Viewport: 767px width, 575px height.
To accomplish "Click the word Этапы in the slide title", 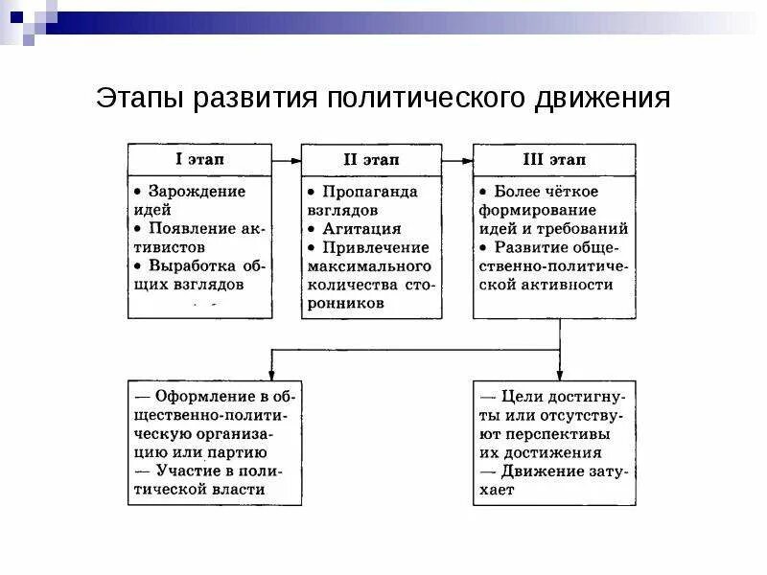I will (x=139, y=101).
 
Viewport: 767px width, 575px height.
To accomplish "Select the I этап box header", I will (x=199, y=158).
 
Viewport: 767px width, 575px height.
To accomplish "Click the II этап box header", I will (x=372, y=159).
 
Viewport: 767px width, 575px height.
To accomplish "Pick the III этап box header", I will (x=553, y=159).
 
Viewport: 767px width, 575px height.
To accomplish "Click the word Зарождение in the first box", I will (x=197, y=192).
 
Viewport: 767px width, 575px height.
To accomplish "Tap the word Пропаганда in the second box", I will (x=370, y=192).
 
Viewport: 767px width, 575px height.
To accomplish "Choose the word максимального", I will (x=369, y=265).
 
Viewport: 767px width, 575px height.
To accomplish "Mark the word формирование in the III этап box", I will (x=538, y=210).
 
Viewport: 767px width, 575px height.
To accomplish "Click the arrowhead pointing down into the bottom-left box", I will (x=272, y=373).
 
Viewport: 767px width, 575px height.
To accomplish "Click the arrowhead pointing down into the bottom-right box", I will (x=559, y=373).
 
